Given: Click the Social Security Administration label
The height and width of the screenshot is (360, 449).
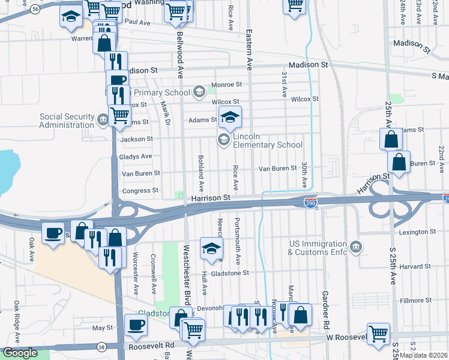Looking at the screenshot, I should (x=67, y=121).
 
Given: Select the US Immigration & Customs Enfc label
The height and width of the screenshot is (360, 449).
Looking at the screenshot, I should (x=318, y=248).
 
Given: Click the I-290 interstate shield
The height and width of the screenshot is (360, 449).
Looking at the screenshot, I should (x=310, y=204).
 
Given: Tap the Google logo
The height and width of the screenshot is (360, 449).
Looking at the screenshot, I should (x=19, y=353).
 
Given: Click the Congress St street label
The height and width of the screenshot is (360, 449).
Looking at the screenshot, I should (x=140, y=191).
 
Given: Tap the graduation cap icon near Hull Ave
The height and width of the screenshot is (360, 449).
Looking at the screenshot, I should (x=211, y=248).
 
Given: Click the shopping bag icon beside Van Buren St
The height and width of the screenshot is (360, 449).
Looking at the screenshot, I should (x=399, y=161).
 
